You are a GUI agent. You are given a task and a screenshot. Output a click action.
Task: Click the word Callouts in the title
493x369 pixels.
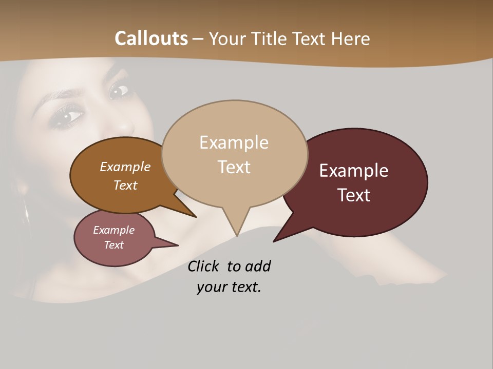pos(151,38)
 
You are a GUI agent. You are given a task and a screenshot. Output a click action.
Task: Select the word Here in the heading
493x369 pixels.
pos(350,38)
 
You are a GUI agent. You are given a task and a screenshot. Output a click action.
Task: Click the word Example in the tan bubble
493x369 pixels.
pos(234,142)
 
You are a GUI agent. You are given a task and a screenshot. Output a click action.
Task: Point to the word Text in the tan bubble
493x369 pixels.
pos(234,167)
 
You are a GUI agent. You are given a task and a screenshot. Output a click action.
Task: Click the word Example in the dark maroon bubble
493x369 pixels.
pos(354,171)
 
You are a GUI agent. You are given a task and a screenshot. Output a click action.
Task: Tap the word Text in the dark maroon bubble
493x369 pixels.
pos(354,195)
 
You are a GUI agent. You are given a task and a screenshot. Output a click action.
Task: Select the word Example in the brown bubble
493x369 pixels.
pos(125,167)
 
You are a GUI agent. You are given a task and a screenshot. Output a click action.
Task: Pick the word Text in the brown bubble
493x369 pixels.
pos(125,185)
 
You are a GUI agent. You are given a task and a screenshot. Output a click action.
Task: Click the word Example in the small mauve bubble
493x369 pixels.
pos(113,230)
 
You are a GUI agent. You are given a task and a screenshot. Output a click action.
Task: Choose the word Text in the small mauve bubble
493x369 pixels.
pos(113,245)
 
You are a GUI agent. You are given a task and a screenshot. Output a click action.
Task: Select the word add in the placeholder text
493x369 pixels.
pos(257,266)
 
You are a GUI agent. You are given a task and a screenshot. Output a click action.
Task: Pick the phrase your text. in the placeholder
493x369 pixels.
pos(229,287)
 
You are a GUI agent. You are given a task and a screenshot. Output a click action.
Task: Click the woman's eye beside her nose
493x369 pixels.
pos(119,92)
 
